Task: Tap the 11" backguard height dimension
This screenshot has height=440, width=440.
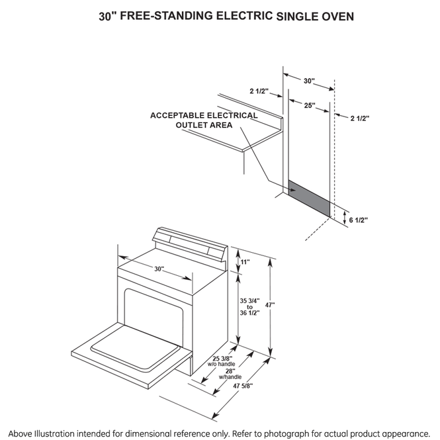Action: (245, 262)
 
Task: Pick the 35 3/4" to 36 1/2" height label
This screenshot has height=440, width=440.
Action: (250, 307)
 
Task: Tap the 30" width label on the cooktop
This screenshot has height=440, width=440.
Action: (159, 269)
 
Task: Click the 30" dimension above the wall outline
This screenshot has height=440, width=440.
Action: (309, 81)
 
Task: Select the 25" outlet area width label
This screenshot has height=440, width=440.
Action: (309, 105)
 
